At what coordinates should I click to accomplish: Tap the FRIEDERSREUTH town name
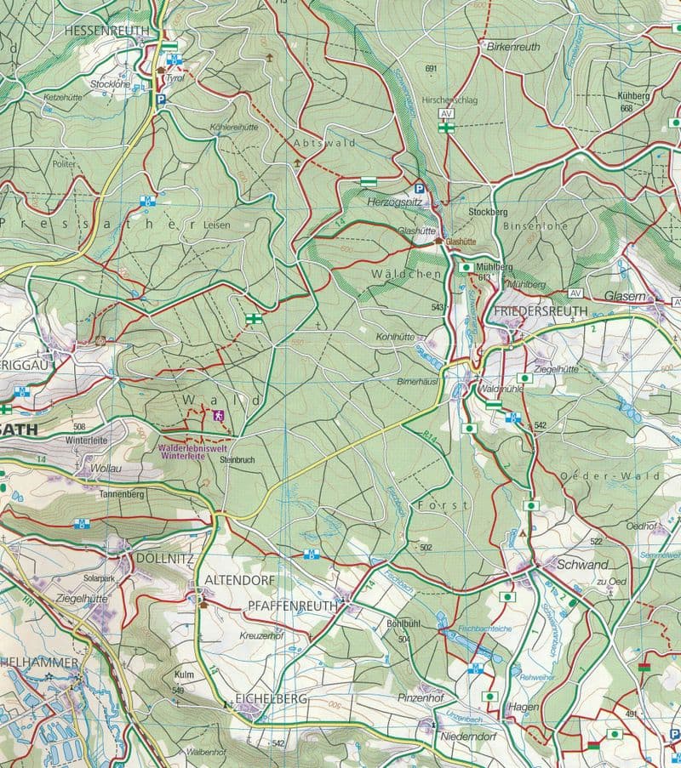(540, 311)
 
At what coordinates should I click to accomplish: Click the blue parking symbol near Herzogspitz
(418, 189)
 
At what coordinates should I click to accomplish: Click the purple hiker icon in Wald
(219, 415)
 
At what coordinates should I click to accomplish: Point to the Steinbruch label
(237, 460)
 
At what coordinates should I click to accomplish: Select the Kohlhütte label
(395, 337)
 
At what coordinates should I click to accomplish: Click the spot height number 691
(430, 68)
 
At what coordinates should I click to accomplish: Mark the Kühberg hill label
(635, 96)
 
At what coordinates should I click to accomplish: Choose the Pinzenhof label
(421, 697)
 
